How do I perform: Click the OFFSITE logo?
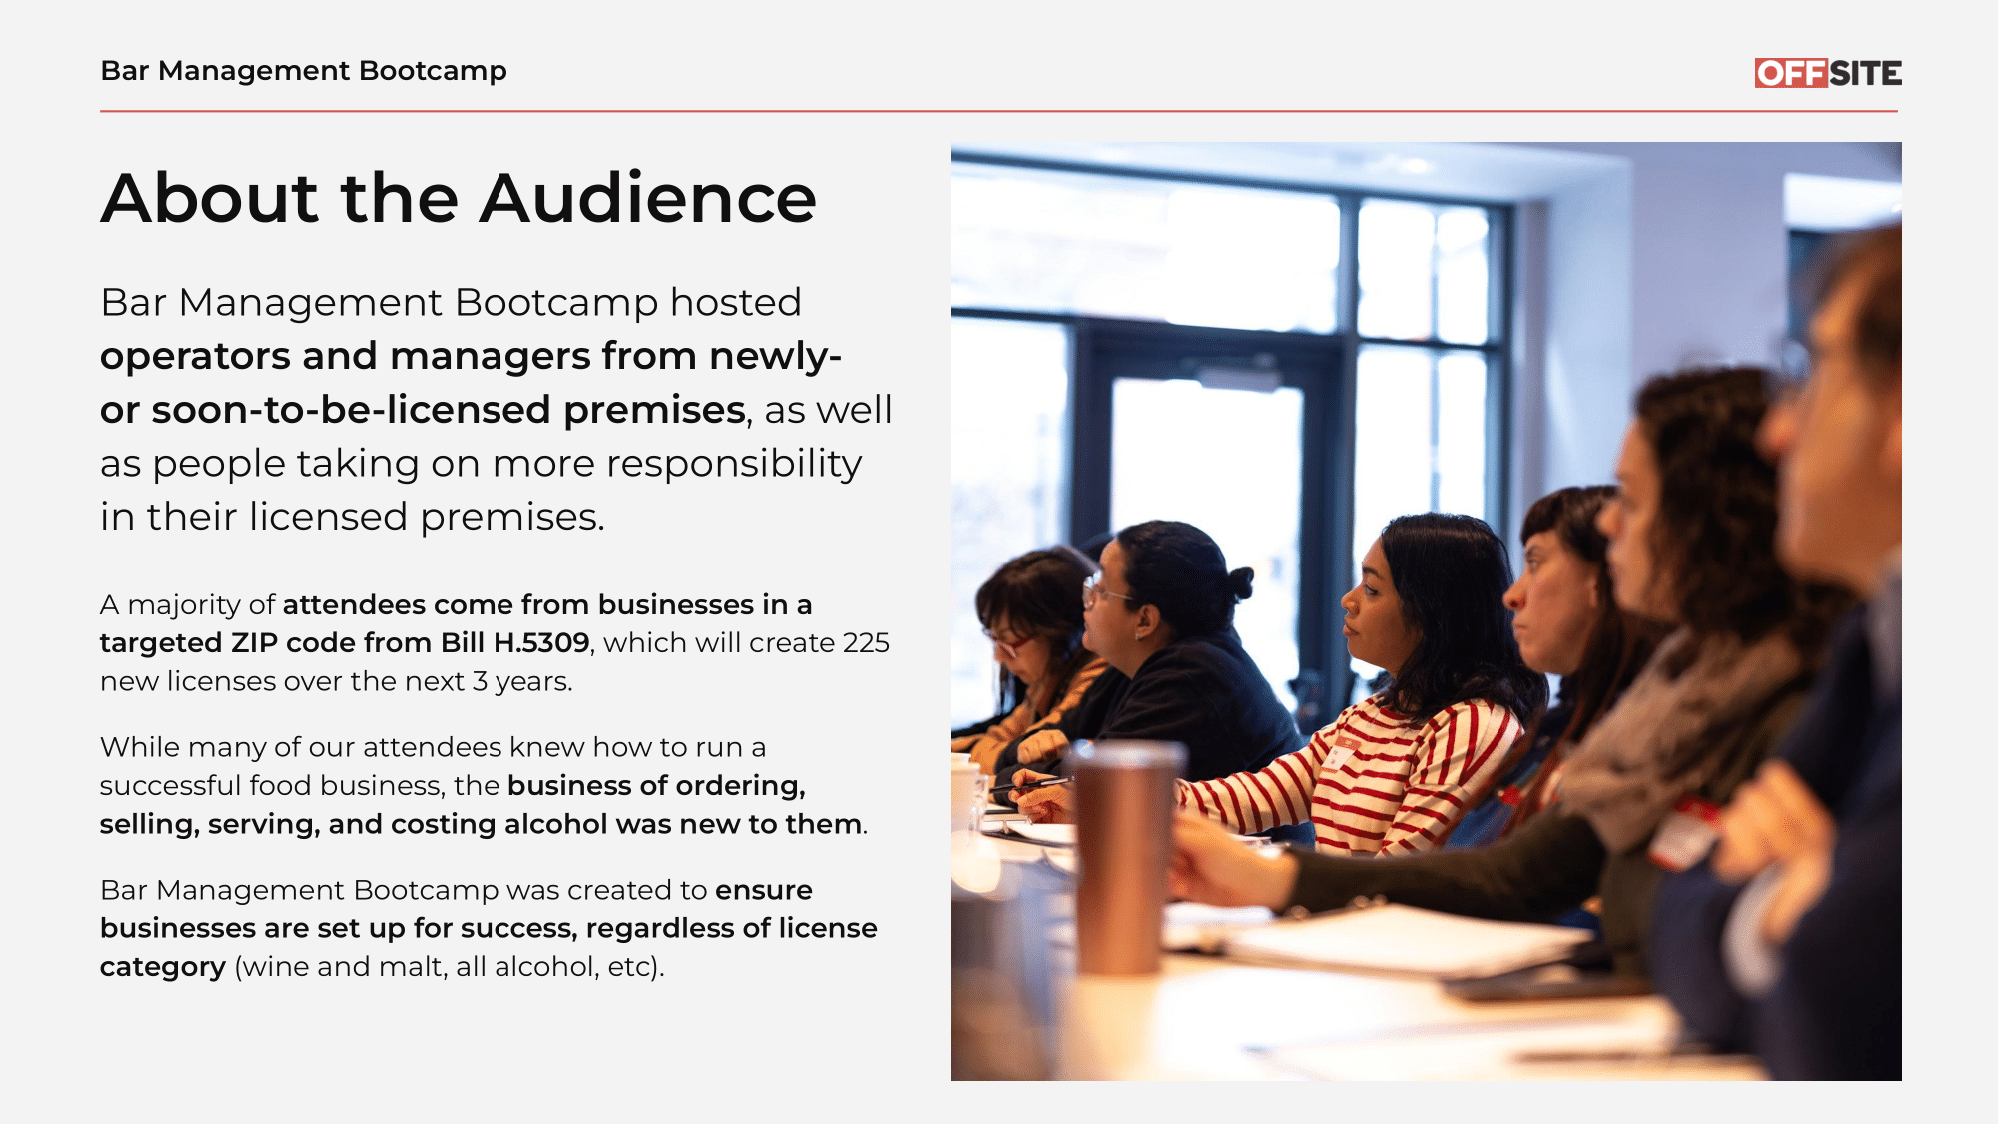pyautogui.click(x=1828, y=73)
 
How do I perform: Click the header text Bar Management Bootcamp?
pyautogui.click(x=304, y=71)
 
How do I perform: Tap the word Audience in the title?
pyautogui.click(x=648, y=198)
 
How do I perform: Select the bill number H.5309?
pyautogui.click(x=541, y=642)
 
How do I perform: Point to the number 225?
pyautogui.click(x=866, y=642)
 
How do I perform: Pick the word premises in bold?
pyautogui.click(x=654, y=411)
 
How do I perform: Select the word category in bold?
pyautogui.click(x=163, y=967)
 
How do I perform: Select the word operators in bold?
pyautogui.click(x=195, y=357)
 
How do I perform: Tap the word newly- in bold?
pyautogui.click(x=776, y=357)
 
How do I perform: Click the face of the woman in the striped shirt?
pyautogui.click(x=1373, y=605)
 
